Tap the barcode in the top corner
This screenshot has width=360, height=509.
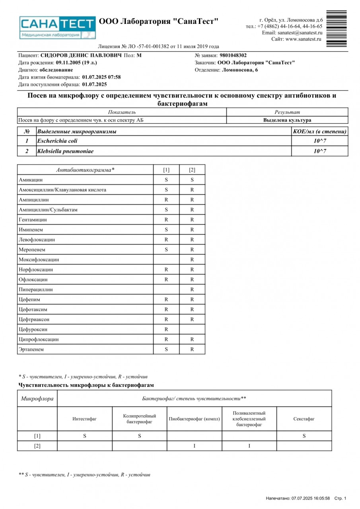pos(336,29)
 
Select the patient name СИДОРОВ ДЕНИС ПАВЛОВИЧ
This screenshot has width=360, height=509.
pos(81,56)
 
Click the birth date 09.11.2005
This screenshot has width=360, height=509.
pos(70,63)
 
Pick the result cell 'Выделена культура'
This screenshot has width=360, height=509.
pos(287,120)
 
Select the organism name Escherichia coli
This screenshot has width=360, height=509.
pos(57,141)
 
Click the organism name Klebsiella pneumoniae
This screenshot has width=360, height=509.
pos(65,151)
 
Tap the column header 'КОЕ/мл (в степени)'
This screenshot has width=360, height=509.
pos(319,132)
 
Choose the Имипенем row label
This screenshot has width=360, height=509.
pos(31,230)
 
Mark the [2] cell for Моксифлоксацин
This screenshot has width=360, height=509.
pos(192,260)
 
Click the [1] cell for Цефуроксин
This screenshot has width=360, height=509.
pos(166,329)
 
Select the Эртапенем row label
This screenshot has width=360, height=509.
pos(31,350)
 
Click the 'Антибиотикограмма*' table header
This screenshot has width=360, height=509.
pos(85,170)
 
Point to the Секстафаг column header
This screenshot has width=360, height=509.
pos(304,419)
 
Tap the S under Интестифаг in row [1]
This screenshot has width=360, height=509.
pos(85,436)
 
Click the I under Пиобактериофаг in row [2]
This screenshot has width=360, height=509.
pos(194,446)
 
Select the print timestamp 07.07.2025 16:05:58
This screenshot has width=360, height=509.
pos(310,498)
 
